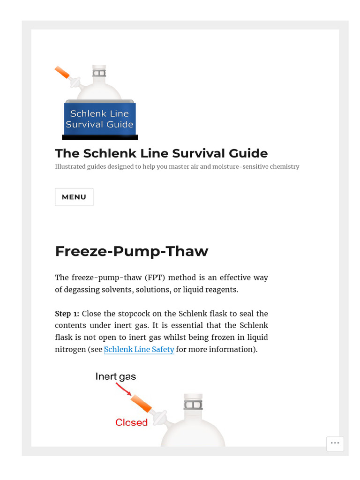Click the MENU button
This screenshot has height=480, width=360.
[x=74, y=197]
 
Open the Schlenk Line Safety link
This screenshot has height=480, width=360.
[x=139, y=349]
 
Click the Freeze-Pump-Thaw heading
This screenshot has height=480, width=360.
[x=131, y=251]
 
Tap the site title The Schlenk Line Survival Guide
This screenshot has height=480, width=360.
[x=161, y=153]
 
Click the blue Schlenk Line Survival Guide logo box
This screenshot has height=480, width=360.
[x=100, y=119]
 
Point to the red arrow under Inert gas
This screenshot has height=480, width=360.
[x=123, y=389]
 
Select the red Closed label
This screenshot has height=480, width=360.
[x=131, y=422]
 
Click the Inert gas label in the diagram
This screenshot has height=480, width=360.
[x=116, y=376]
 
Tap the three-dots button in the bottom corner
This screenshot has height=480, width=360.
[x=335, y=443]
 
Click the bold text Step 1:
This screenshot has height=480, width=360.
[x=67, y=314]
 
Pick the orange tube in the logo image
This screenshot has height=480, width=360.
[x=62, y=72]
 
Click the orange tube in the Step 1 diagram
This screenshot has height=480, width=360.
[x=141, y=403]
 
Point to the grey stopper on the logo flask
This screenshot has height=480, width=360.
[x=99, y=73]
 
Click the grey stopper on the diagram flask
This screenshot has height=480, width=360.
[x=193, y=405]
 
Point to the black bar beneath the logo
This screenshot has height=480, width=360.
[x=100, y=137]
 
